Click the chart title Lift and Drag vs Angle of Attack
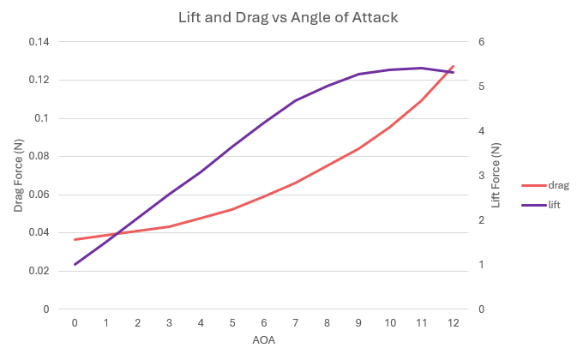pyautogui.click(x=287, y=17)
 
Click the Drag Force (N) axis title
pyautogui.click(x=17, y=176)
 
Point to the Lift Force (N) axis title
pyautogui.click(x=496, y=176)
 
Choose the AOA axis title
pyautogui.click(x=263, y=340)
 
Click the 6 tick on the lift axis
pyautogui.click(x=482, y=42)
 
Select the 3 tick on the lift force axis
pyautogui.click(x=482, y=176)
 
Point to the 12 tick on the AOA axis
pyautogui.click(x=453, y=322)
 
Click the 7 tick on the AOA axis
pyautogui.click(x=295, y=322)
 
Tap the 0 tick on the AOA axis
pyautogui.click(x=75, y=322)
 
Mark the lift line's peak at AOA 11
pyautogui.click(x=421, y=68)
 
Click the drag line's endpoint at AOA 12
pyautogui.click(x=453, y=66)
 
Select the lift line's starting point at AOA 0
pyautogui.click(x=75, y=264)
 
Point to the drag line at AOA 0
pyautogui.click(x=75, y=239)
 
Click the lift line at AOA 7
pyautogui.click(x=295, y=100)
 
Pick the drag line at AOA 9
pyautogui.click(x=358, y=148)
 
